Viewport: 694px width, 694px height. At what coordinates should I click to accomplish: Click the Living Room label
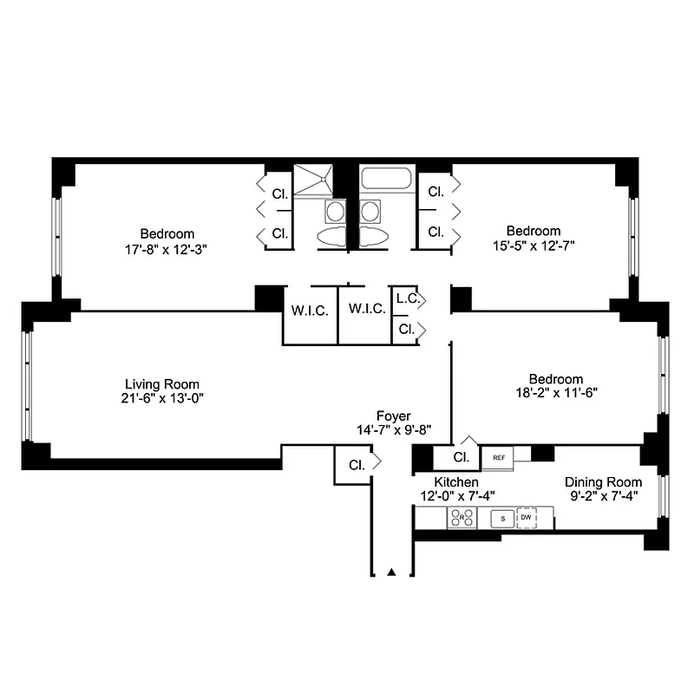[162, 383]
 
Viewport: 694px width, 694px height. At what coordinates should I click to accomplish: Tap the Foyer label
[394, 416]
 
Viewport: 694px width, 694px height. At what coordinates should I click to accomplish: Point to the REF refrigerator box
[497, 458]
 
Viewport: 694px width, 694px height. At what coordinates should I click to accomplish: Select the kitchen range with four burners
[462, 517]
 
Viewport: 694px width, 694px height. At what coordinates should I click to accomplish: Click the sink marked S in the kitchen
[503, 518]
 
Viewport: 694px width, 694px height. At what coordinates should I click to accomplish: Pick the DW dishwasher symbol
[527, 517]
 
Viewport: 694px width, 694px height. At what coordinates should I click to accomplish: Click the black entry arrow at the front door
[391, 572]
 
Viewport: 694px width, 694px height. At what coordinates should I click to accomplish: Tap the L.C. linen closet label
[408, 298]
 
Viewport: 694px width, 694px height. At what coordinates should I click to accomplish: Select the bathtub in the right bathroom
[386, 179]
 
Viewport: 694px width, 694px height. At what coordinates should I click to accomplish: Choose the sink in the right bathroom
[370, 211]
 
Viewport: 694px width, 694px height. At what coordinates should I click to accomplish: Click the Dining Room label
[603, 482]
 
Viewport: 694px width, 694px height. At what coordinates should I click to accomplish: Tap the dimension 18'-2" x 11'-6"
[556, 393]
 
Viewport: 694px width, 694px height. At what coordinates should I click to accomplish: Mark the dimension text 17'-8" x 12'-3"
[166, 250]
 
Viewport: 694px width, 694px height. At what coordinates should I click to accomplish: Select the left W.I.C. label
[310, 311]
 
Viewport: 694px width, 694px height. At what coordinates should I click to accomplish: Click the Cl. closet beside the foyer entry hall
[357, 465]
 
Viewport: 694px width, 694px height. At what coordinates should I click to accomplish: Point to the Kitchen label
[456, 482]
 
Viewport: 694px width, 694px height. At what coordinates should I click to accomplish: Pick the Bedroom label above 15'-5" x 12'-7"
[534, 231]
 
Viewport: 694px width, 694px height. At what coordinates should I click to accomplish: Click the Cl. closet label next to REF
[462, 457]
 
